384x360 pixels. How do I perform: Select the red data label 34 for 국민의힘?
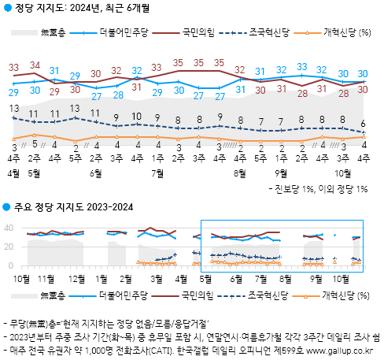[35, 65]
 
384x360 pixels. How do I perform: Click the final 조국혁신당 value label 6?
[363, 123]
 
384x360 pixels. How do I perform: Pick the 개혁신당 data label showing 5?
[35, 144]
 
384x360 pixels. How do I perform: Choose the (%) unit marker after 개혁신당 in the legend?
[364, 33]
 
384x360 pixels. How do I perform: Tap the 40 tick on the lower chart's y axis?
[10, 228]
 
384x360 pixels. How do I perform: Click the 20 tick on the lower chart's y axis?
[10, 247]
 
